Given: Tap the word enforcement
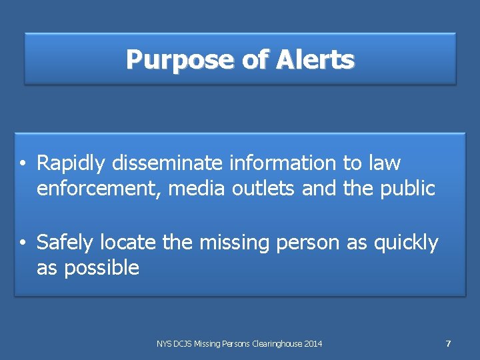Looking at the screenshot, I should pos(99,189).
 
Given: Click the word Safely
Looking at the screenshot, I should pos(65,243).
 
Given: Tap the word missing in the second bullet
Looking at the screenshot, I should pos(231,243).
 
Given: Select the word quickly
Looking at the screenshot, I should pos(406,243).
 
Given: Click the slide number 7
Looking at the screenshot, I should pos(448,344).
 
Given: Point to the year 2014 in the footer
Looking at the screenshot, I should pos(313,344).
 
